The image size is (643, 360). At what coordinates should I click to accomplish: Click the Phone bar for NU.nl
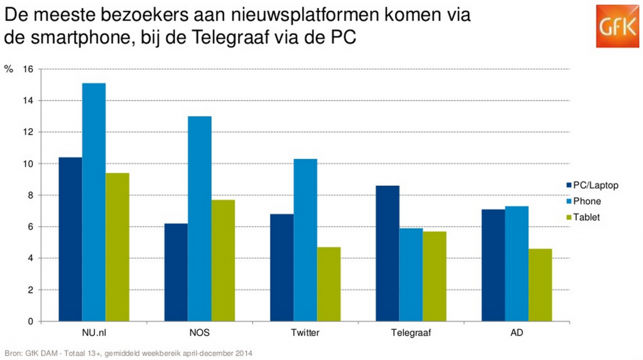[x=94, y=202]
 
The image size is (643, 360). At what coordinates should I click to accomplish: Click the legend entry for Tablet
[x=586, y=217]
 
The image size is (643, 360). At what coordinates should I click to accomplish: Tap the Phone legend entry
[x=586, y=201]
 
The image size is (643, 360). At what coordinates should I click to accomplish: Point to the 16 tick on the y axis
[x=28, y=69]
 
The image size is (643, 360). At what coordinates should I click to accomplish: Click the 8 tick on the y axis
[x=30, y=195]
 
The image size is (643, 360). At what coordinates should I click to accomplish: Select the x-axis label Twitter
[x=305, y=332]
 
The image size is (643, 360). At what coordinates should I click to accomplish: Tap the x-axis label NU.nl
[x=94, y=332]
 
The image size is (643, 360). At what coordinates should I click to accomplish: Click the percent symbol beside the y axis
[x=8, y=69]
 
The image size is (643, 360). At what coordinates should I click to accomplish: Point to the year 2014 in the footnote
[x=244, y=353]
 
